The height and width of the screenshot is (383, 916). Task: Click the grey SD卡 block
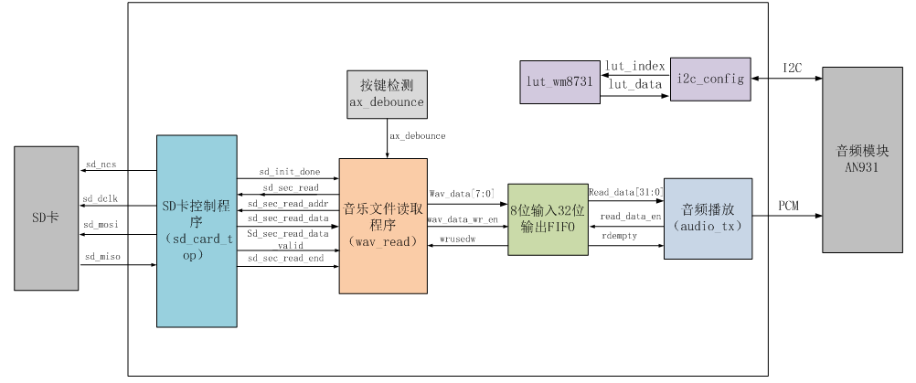tap(46, 218)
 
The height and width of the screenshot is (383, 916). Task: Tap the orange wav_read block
tap(383, 226)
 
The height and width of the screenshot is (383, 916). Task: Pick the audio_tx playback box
tap(708, 218)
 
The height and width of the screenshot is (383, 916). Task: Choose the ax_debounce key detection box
tap(387, 94)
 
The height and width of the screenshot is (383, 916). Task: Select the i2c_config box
tap(709, 79)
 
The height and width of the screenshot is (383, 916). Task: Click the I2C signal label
tap(793, 68)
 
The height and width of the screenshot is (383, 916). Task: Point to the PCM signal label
tap(788, 206)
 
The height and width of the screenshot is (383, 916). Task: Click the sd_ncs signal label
tap(101, 165)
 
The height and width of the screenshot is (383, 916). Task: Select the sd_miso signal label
tap(102, 258)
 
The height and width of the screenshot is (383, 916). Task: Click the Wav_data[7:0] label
tap(462, 194)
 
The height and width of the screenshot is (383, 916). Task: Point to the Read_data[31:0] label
tap(624, 193)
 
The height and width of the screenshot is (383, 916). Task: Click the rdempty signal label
tap(620, 235)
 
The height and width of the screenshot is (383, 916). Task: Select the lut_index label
tap(634, 66)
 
